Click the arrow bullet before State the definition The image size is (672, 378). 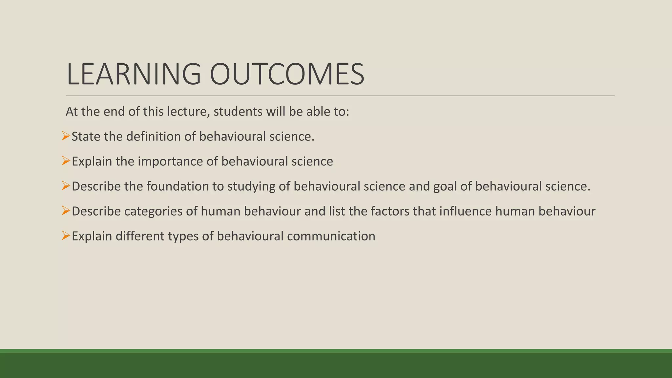coord(66,136)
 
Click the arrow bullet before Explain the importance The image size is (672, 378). coord(66,161)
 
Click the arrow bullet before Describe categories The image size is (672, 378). coord(66,211)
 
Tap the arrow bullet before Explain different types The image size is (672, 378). coord(66,236)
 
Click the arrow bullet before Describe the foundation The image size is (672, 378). coord(66,186)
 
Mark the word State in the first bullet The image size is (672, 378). coord(86,136)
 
